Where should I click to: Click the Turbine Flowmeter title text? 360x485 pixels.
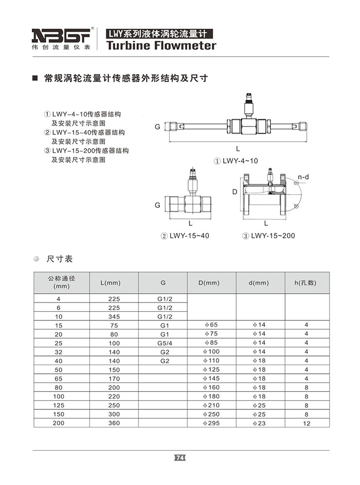(x=160, y=46)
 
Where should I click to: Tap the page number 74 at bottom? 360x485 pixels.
(x=180, y=457)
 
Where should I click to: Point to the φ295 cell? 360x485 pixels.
(x=211, y=423)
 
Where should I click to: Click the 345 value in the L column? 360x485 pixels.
(x=114, y=316)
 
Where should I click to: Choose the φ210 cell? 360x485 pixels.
(x=211, y=405)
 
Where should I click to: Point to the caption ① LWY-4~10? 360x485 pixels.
(x=236, y=160)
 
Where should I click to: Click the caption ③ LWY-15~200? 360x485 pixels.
(x=269, y=236)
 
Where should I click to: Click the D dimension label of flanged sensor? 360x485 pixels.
(x=234, y=191)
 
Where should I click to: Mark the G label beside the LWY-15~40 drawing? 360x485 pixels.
(x=158, y=205)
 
